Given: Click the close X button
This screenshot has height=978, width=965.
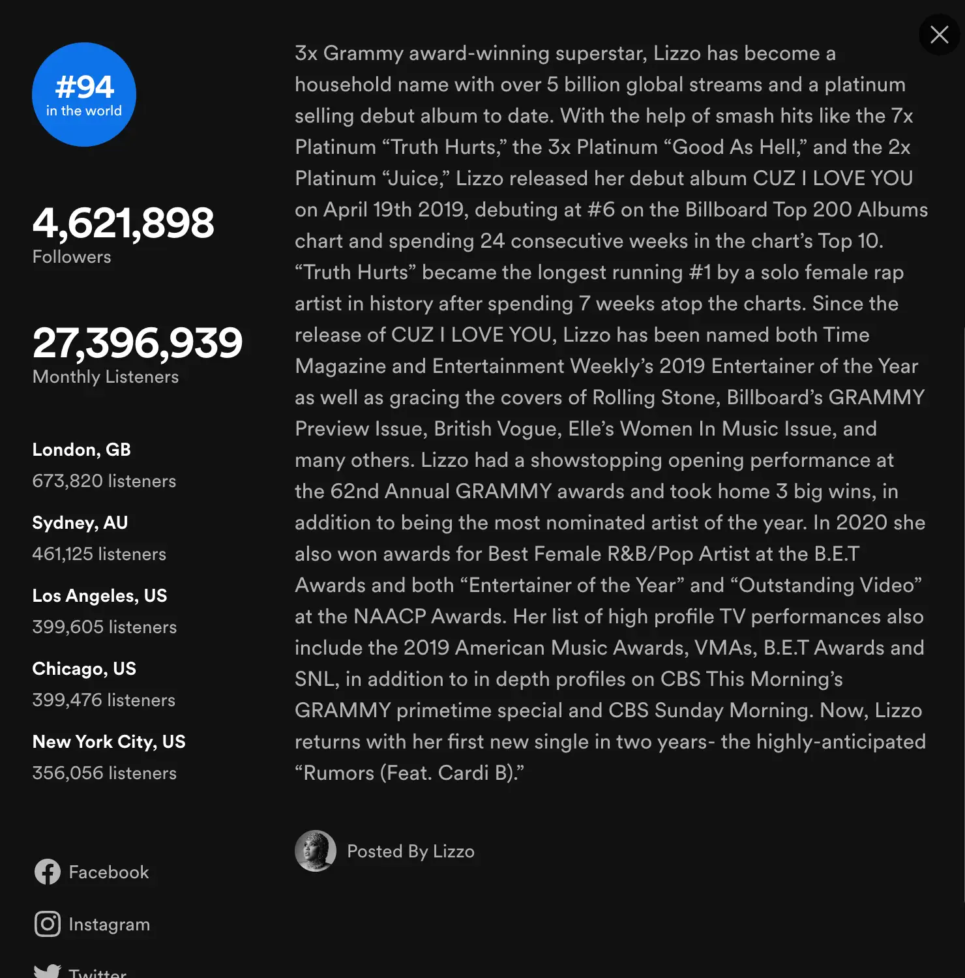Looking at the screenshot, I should pyautogui.click(x=939, y=35).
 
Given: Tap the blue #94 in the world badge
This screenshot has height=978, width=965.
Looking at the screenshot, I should pyautogui.click(x=84, y=95).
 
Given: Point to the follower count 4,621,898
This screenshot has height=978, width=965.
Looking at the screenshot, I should pyautogui.click(x=123, y=223).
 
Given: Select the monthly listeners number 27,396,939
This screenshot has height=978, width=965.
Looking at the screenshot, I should pyautogui.click(x=138, y=343).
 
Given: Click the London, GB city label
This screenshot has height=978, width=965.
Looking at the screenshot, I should pyautogui.click(x=82, y=450).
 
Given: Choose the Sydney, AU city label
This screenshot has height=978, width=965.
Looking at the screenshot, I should pyautogui.click(x=80, y=523).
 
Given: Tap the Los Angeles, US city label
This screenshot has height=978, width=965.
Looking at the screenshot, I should pyautogui.click(x=100, y=596).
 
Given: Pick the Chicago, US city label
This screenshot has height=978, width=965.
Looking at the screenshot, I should pyautogui.click(x=84, y=669).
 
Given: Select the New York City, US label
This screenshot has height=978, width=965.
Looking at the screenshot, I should pyautogui.click(x=109, y=742).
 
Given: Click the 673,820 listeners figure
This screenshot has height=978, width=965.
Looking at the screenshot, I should pyautogui.click(x=104, y=481).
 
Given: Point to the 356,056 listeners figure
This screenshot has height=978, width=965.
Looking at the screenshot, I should pyautogui.click(x=104, y=773).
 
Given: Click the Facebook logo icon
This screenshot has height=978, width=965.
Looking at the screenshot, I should pyautogui.click(x=48, y=872).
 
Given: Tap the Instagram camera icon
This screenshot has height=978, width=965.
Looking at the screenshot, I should pyautogui.click(x=48, y=924).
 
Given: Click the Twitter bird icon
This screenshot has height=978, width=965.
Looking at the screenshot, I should pyautogui.click(x=48, y=971).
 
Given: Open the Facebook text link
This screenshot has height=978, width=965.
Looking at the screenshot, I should pyautogui.click(x=109, y=872).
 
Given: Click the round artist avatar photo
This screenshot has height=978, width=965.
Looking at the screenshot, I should pyautogui.click(x=316, y=851).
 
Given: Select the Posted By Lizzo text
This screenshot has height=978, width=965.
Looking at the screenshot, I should pyautogui.click(x=411, y=852).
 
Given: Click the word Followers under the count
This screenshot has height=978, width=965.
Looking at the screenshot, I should pyautogui.click(x=72, y=257).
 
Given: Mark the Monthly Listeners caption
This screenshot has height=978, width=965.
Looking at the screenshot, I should pyautogui.click(x=106, y=377).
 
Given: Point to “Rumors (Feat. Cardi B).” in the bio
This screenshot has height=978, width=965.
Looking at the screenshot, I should pyautogui.click(x=409, y=773).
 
